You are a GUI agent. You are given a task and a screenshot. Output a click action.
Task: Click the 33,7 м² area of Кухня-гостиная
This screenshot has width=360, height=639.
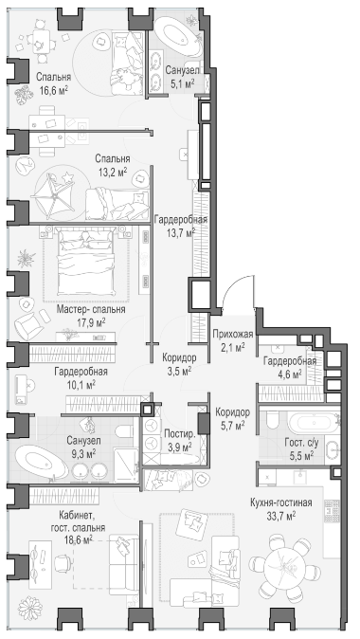tap(280, 516)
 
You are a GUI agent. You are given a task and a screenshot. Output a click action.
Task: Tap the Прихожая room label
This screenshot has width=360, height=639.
tap(233, 335)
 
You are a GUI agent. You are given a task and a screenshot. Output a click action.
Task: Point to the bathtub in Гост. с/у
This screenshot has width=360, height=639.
tap(313, 423)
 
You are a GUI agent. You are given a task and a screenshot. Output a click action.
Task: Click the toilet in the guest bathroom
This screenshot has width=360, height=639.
tap(273, 420)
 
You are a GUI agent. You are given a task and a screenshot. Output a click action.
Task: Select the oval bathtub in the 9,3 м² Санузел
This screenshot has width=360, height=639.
tap(41, 462)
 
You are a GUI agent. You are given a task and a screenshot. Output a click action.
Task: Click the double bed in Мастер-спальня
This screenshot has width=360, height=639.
tap(86, 261)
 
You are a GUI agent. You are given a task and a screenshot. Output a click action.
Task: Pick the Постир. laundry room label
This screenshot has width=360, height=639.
tap(180, 434)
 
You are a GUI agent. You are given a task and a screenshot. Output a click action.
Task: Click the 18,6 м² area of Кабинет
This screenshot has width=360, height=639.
tap(79, 540)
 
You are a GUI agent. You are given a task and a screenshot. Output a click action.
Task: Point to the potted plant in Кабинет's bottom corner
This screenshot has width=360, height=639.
tap(29, 609)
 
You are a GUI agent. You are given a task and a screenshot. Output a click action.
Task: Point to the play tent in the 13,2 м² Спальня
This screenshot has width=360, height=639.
tap(54, 194)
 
